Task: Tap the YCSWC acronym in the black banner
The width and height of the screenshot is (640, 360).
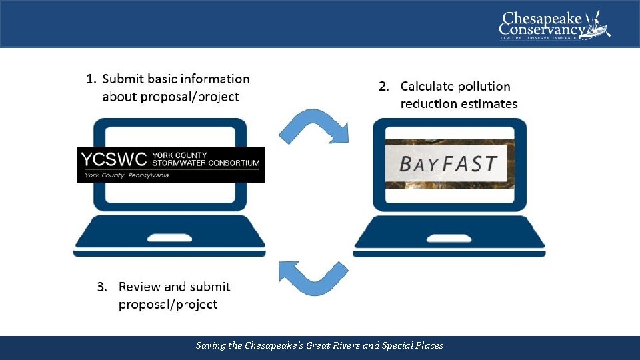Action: (x=113, y=161)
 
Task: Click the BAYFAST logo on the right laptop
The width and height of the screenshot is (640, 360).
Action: (x=448, y=163)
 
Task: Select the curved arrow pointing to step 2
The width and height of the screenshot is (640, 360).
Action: (x=314, y=126)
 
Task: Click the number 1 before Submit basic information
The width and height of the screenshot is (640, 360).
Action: (x=91, y=79)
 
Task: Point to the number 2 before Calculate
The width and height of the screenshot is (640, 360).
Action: (x=383, y=87)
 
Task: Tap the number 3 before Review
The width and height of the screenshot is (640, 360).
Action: (x=101, y=287)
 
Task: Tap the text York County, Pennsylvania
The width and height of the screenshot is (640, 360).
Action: (x=127, y=175)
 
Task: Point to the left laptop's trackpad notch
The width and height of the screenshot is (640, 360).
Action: (x=169, y=237)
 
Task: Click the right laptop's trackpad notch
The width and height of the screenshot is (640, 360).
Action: (x=449, y=237)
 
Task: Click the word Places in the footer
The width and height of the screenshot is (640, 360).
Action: (x=426, y=345)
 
